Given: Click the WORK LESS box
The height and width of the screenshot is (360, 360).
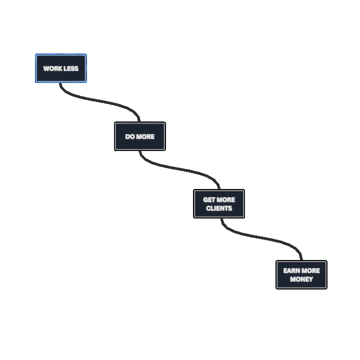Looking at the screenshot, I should tap(60, 68).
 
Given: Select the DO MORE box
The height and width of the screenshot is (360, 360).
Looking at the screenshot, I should tap(139, 136).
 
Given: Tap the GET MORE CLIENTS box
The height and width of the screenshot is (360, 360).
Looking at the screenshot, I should tap(219, 203).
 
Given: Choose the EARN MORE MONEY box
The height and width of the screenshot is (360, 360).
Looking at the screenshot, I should tap(301, 274).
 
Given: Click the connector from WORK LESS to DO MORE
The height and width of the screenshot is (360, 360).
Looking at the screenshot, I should tap(100, 100).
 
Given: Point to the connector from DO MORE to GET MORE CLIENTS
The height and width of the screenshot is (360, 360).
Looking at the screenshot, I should tap(180, 168).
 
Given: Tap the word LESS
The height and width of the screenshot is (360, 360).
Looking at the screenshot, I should tap(70, 68).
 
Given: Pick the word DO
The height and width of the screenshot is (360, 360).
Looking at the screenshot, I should tap(130, 136).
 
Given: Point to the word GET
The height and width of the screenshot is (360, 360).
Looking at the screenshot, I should tap(209, 199).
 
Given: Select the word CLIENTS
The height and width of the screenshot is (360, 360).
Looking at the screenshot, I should tap(219, 208).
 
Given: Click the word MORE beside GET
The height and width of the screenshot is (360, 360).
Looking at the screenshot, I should tap(226, 199).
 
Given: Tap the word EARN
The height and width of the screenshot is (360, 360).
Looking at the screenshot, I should tap(291, 270).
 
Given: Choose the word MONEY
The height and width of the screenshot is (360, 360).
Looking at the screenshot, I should tap(301, 279).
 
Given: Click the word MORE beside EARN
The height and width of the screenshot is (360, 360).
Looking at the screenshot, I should tap(310, 270).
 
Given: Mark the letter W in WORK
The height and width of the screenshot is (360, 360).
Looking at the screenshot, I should tap(46, 68).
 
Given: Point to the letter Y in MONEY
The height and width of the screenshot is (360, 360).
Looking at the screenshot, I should tap(310, 279).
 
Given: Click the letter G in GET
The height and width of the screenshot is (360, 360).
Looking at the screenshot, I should tap(205, 199).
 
